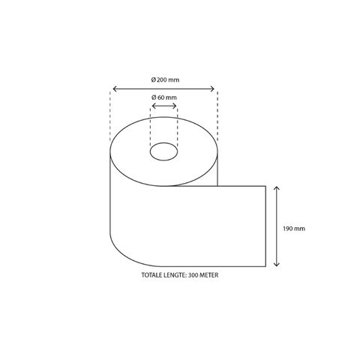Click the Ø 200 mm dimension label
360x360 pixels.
[165, 79]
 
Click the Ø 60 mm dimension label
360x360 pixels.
[164, 98]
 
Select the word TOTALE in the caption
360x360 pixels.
[153, 275]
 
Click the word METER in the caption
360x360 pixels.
[209, 275]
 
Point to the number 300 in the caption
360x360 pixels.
[193, 275]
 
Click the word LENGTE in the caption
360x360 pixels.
[175, 275]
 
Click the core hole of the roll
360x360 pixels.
[163, 153]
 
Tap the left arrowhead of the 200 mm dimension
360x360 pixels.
[112, 88]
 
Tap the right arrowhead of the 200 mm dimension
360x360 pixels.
[215, 88]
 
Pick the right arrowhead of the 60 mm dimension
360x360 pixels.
[176, 106]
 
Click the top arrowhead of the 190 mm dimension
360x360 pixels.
[277, 187]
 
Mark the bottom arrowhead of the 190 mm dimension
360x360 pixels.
[277, 265]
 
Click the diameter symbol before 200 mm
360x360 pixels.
[153, 79]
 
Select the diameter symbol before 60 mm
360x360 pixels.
[154, 98]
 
